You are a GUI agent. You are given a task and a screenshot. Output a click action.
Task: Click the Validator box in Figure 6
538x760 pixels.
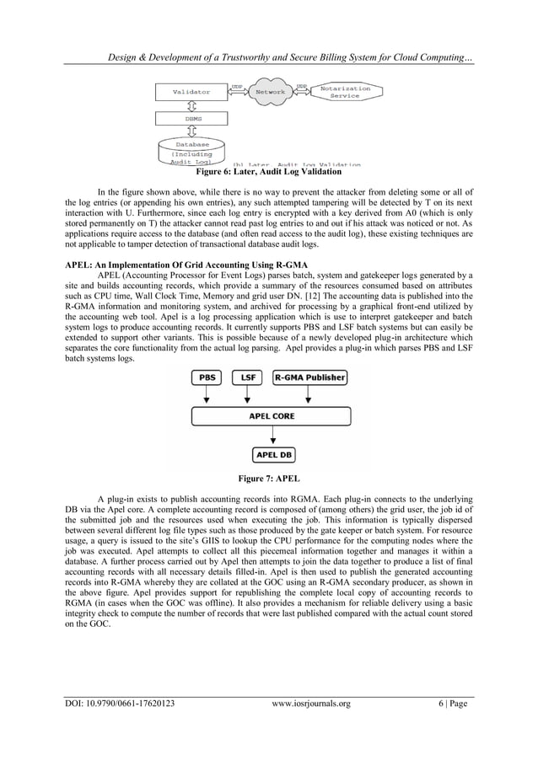(191, 91)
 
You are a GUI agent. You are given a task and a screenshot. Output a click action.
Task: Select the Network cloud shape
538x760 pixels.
(270, 92)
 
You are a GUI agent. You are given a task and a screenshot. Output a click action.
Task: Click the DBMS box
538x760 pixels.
(192, 120)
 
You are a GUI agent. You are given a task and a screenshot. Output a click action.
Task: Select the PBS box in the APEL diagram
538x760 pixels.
(206, 378)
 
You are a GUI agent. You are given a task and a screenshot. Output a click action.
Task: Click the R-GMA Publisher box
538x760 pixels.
(309, 378)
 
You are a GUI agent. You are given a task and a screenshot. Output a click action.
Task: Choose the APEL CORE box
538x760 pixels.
(270, 415)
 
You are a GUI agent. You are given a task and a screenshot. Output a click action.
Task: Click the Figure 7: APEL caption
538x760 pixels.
(268, 479)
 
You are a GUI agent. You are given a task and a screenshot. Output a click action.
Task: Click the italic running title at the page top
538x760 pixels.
(292, 56)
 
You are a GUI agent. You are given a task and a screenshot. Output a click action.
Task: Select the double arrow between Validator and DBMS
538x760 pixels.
(192, 105)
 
